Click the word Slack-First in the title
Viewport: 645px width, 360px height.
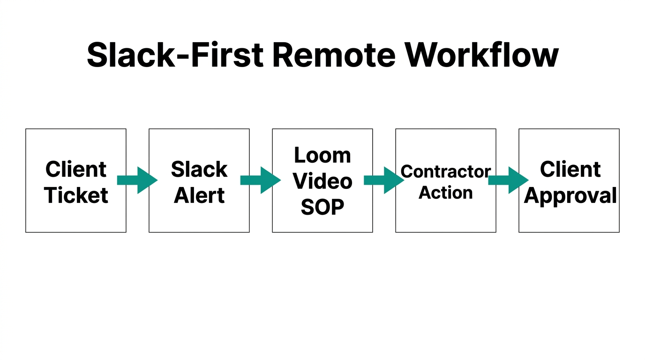[x=175, y=55]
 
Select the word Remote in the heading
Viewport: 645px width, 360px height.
[x=333, y=55]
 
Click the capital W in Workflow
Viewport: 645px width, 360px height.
[x=424, y=55]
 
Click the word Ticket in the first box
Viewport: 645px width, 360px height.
[x=76, y=195]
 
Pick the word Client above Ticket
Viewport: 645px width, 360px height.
[x=76, y=169]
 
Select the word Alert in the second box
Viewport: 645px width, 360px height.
[x=199, y=195]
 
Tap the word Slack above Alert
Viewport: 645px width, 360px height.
[x=199, y=169]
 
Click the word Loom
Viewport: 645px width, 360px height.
[x=322, y=155]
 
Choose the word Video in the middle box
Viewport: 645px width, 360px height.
[x=322, y=181]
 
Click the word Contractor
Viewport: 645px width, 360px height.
[x=445, y=172]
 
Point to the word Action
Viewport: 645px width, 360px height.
[x=445, y=193]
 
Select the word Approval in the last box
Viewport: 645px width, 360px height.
[x=570, y=195]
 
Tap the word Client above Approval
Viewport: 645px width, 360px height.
[x=570, y=169]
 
